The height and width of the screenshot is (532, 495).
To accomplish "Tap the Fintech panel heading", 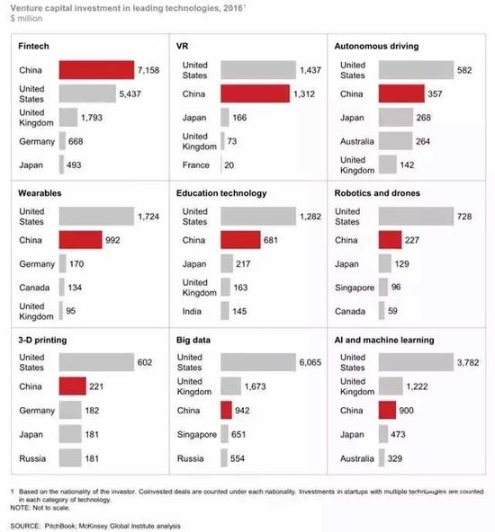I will [34, 44].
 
